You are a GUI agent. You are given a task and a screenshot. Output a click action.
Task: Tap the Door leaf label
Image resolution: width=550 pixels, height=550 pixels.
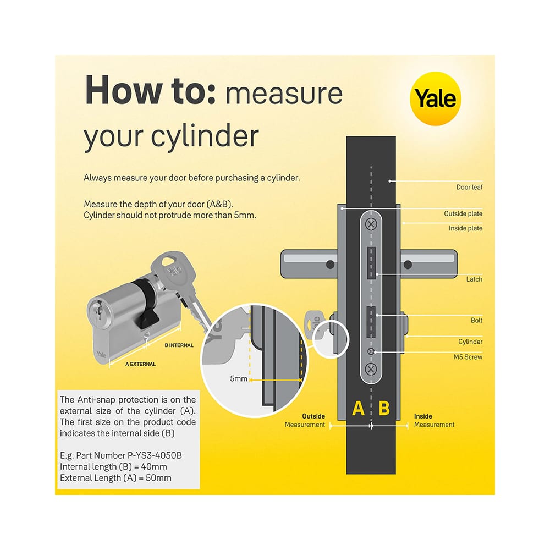point(469,187)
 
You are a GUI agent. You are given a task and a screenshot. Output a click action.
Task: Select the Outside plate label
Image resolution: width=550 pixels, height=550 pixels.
point(463,213)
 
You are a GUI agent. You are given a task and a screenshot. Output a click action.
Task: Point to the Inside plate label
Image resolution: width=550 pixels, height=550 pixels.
point(465,228)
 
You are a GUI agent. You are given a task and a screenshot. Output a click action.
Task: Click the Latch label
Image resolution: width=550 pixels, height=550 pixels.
point(474,279)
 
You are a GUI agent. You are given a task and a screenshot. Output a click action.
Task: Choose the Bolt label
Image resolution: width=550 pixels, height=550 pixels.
point(476,320)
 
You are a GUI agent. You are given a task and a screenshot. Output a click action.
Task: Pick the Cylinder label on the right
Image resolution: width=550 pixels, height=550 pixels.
point(470,342)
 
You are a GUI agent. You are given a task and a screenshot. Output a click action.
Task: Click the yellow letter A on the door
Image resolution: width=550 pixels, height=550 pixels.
point(358,409)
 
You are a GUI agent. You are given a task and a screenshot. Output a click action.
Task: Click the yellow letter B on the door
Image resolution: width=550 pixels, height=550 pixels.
point(384,409)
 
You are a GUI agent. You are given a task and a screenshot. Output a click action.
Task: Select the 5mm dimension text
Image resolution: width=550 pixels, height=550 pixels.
point(239,379)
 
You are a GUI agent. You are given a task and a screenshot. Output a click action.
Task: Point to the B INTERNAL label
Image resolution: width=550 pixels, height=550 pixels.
point(179,345)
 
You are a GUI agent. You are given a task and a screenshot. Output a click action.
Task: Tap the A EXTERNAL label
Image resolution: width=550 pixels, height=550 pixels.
point(140,364)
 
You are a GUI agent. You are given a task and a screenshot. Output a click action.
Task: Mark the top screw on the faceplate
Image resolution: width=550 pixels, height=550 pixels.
point(371,224)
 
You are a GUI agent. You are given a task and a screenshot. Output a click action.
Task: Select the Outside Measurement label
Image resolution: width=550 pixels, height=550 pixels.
point(305,421)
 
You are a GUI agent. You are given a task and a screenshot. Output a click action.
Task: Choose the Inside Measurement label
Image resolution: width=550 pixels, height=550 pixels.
point(434,421)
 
